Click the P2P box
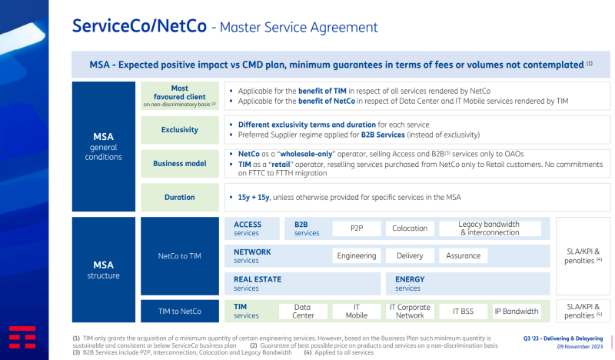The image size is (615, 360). (357, 228)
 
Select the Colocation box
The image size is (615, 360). (409, 228)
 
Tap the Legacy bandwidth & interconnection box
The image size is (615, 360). (489, 228)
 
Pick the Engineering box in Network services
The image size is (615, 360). (357, 255)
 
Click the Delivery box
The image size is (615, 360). (409, 255)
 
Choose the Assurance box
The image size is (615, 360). (463, 255)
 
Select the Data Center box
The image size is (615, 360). (303, 311)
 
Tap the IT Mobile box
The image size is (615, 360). (356, 311)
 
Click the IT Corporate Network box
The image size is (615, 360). (409, 311)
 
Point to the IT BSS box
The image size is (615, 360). (463, 311)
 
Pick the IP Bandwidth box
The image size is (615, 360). (516, 311)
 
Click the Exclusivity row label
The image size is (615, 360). (180, 129)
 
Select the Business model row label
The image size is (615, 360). (180, 164)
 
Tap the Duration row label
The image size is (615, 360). (180, 197)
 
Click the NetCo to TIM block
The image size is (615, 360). (180, 256)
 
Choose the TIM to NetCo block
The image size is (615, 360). (180, 311)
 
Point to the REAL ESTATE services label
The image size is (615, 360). (258, 283)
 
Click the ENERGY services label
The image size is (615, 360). (410, 283)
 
